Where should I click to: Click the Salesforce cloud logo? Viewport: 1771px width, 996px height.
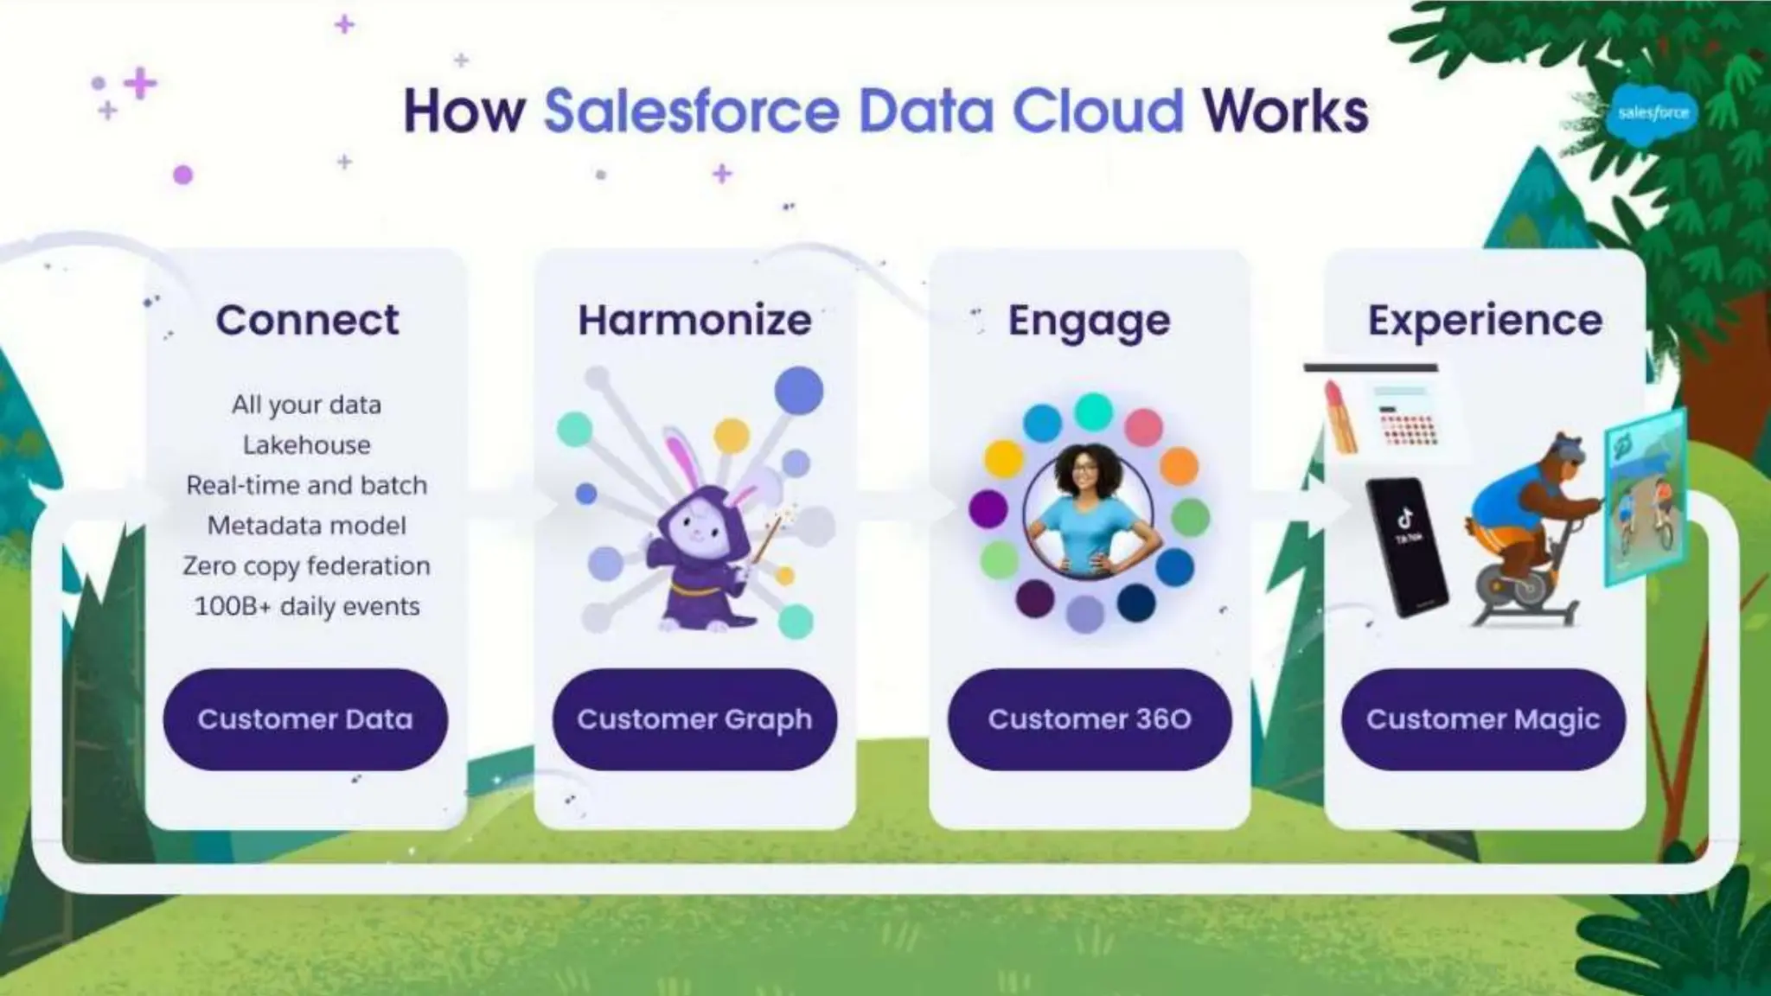(1653, 113)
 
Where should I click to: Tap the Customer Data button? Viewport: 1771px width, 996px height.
(305, 719)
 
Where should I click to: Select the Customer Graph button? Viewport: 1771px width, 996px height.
(694, 719)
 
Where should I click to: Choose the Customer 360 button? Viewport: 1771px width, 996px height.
(1090, 719)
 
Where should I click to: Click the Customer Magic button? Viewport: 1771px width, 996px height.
(1483, 719)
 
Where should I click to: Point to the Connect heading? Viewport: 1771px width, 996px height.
(307, 320)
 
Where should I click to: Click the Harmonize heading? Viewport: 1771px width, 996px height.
(694, 320)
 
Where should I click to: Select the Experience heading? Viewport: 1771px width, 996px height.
(1484, 320)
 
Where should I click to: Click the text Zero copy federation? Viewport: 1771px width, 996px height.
(307, 566)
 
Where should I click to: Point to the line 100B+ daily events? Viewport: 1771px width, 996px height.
(307, 606)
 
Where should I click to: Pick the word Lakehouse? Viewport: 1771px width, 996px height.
(307, 445)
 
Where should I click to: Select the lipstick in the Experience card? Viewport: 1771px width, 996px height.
(1339, 415)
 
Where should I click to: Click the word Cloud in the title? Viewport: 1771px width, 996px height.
(1097, 112)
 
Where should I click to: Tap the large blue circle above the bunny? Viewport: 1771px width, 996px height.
(798, 391)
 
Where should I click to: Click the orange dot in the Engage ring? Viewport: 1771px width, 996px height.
(1178, 466)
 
